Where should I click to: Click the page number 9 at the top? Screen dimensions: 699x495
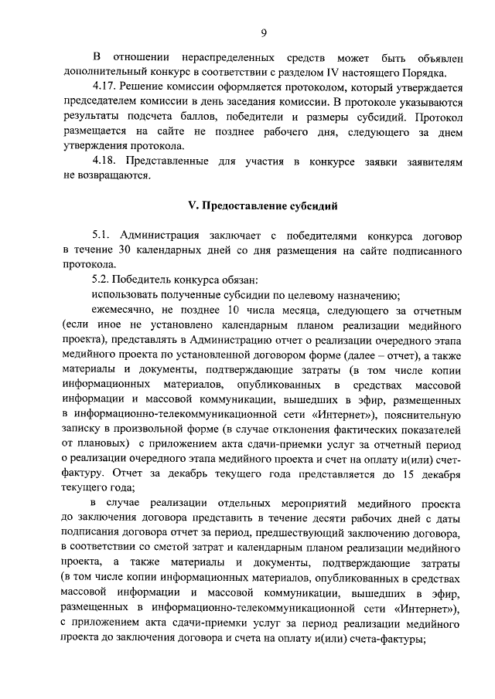264,32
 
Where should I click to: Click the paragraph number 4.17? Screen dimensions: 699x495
102,88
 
